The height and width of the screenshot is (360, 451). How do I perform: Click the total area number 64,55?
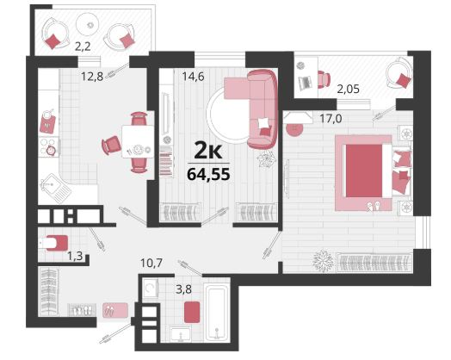[x=208, y=174]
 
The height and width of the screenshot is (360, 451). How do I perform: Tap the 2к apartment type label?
[x=208, y=151]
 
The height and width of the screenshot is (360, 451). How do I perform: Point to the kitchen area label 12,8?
[x=92, y=77]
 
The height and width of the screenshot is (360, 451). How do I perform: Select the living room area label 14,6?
[x=194, y=77]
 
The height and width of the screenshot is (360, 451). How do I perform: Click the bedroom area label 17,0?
[x=331, y=118]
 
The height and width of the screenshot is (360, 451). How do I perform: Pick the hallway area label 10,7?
[x=151, y=263]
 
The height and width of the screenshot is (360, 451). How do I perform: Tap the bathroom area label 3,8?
[x=184, y=289]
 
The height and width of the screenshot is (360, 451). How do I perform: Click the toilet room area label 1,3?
[x=75, y=255]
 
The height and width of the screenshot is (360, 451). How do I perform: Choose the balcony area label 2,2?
[x=83, y=47]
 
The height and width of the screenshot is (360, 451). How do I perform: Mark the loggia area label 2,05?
[x=349, y=90]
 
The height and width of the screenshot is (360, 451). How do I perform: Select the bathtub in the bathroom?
[x=216, y=313]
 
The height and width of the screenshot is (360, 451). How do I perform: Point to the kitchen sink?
[x=55, y=188]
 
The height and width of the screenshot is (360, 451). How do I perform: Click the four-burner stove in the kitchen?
[x=48, y=146]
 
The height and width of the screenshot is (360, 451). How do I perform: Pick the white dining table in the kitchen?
[x=138, y=141]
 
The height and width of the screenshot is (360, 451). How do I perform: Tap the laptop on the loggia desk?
[x=306, y=82]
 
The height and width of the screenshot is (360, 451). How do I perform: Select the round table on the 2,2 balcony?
[x=88, y=25]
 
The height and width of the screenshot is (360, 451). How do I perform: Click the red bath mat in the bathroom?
[x=192, y=313]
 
